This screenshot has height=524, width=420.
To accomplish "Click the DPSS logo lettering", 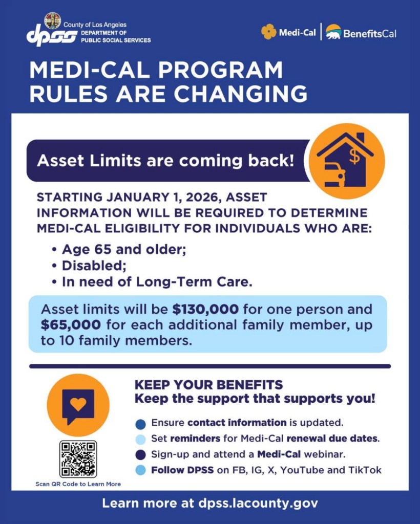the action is [x=52, y=35].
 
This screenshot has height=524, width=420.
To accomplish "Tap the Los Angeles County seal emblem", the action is [x=52, y=20].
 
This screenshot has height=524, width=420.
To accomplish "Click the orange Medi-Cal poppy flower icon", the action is [x=268, y=32].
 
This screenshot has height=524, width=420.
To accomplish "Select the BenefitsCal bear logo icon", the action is [x=333, y=32].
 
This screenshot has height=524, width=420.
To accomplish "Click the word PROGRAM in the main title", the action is [x=220, y=70].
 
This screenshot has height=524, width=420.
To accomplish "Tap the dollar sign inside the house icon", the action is [x=354, y=156].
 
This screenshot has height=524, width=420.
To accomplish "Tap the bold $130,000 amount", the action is [x=206, y=309].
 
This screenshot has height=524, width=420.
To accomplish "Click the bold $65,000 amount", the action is [x=71, y=325].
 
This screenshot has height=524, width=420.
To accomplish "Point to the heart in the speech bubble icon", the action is [x=78, y=404].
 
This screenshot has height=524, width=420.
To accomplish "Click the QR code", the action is [x=78, y=459].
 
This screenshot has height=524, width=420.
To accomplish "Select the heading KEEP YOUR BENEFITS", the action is [x=208, y=385].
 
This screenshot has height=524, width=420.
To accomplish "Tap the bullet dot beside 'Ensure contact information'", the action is [x=141, y=424].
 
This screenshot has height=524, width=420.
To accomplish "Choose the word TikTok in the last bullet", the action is [x=365, y=470].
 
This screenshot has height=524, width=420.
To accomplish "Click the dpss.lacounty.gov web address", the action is [x=258, y=503].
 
